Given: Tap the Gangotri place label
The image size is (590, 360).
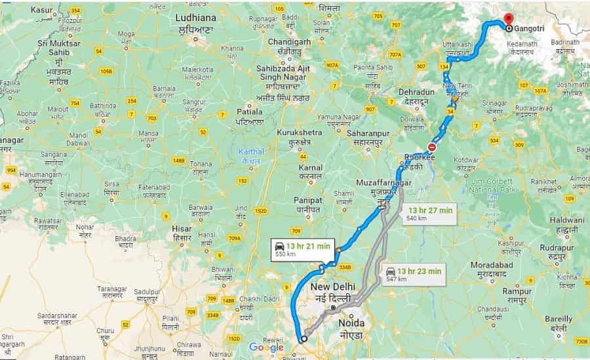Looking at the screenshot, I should pyautogui.click(x=529, y=29).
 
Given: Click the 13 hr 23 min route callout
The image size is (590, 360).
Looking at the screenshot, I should pyautogui.click(x=413, y=273).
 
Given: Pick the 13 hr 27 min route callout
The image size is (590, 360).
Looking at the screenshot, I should pyautogui.click(x=429, y=213).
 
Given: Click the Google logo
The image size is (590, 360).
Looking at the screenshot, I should pyautogui.click(x=266, y=348).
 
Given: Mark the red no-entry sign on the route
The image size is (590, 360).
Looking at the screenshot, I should pyautogui.click(x=432, y=147).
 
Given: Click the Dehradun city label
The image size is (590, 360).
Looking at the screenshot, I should pyautogui.click(x=412, y=97).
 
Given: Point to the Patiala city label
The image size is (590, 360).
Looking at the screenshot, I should pyautogui.click(x=250, y=117).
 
